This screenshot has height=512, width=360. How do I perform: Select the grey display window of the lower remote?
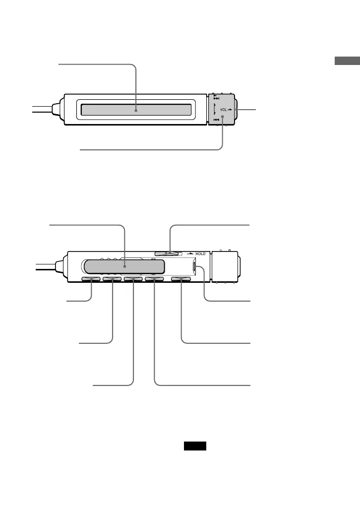tap(124, 266)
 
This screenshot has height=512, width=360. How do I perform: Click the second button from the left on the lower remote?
tap(112, 280)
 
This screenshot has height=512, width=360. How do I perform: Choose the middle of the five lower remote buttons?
tap(133, 280)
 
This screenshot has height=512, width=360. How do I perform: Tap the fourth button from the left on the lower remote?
tap(155, 280)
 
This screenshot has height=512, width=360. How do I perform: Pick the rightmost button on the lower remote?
tap(181, 280)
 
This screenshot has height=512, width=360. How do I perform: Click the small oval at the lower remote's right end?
tap(195, 267)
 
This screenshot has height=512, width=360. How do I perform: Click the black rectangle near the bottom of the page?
tap(195, 447)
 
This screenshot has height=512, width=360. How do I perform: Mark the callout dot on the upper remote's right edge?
tap(236, 110)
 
